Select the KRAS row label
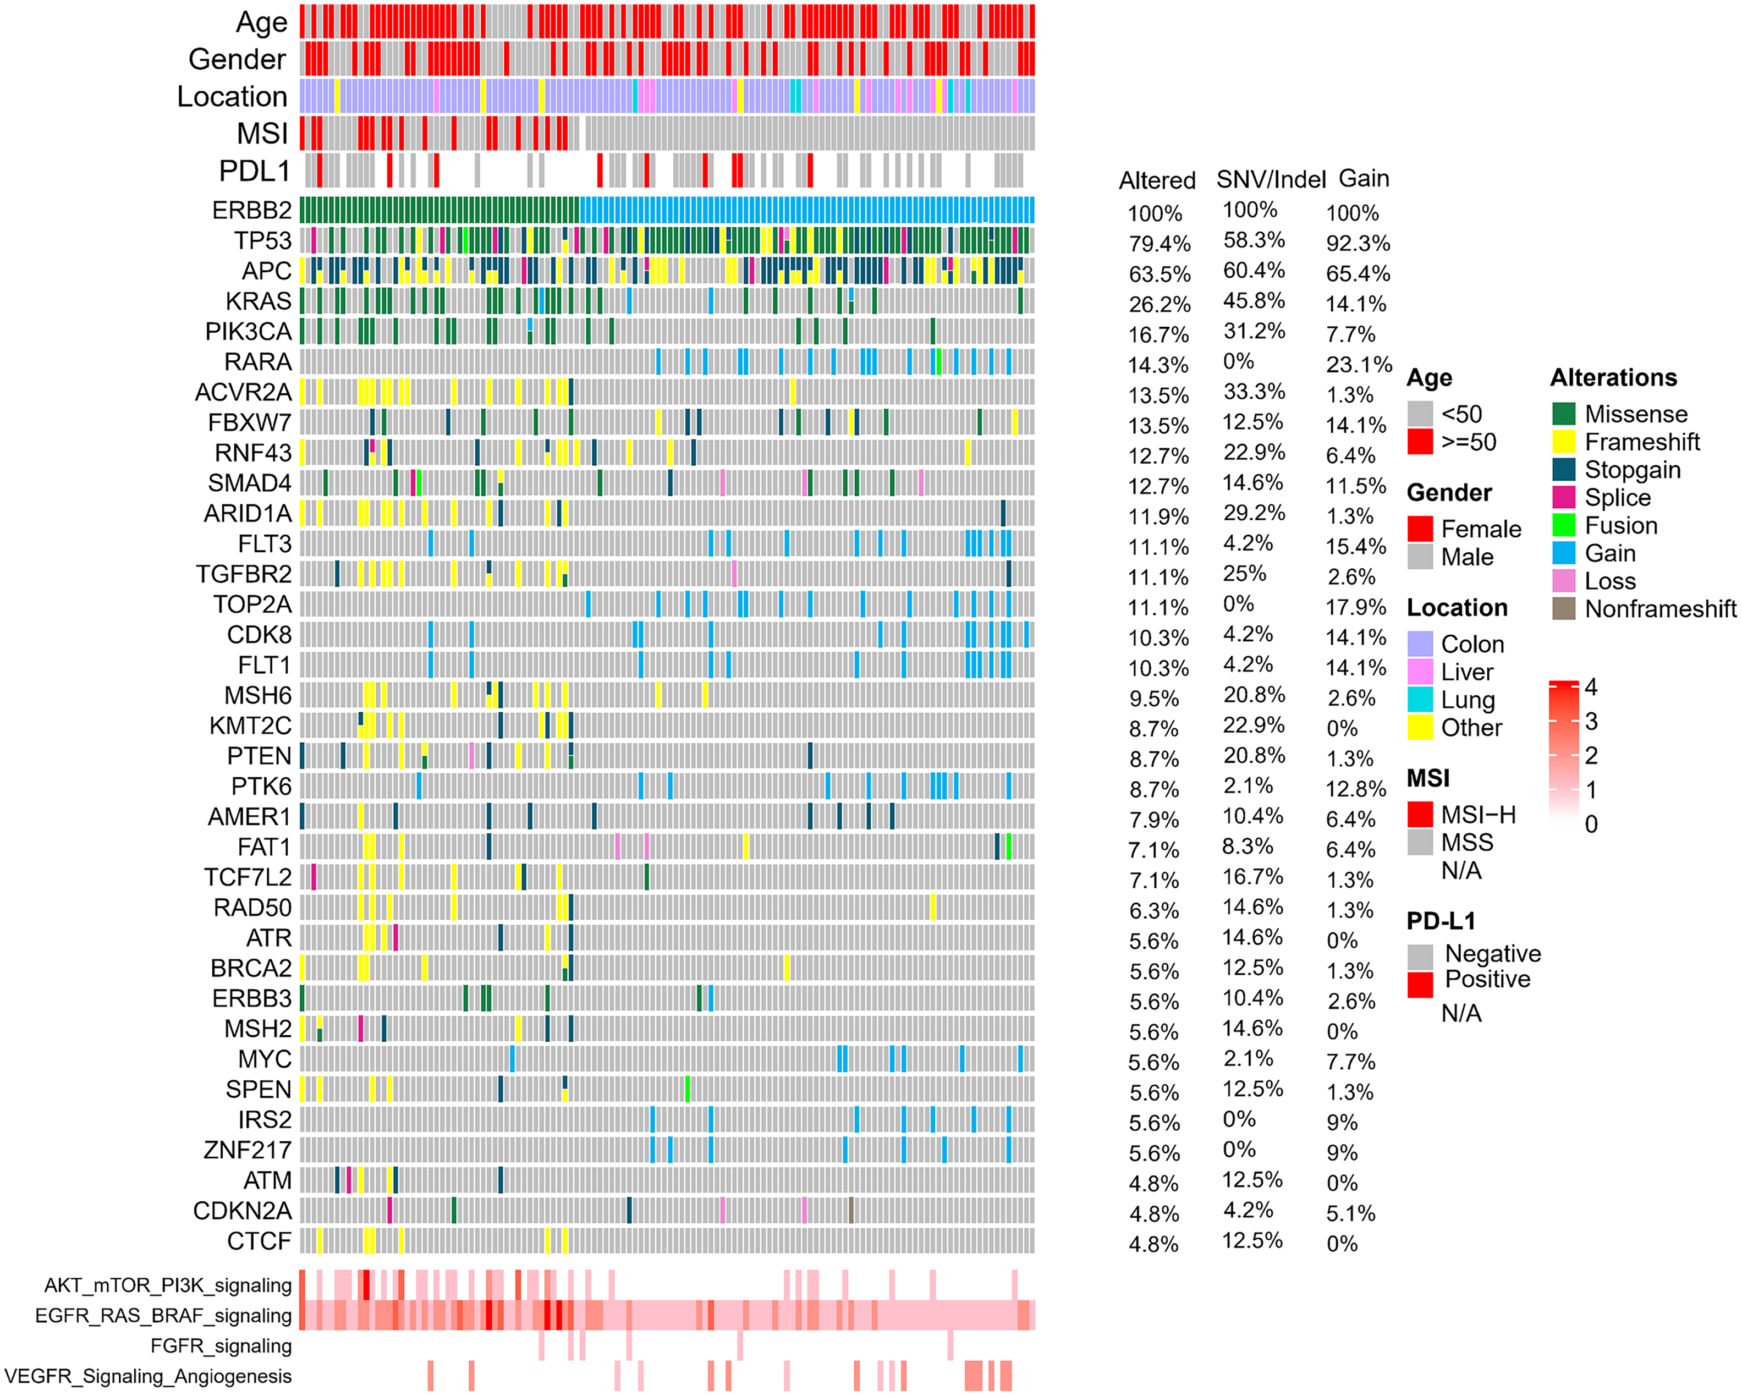tap(258, 301)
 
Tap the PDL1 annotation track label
tap(254, 171)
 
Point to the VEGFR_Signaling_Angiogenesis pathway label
tap(148, 1376)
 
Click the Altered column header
tap(1156, 181)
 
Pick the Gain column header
tap(1364, 179)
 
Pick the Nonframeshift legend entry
tap(1659, 609)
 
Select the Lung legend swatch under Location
tap(1420, 700)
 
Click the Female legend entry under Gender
tap(1480, 529)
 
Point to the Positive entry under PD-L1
tap(1487, 979)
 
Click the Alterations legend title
tap(1613, 378)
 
